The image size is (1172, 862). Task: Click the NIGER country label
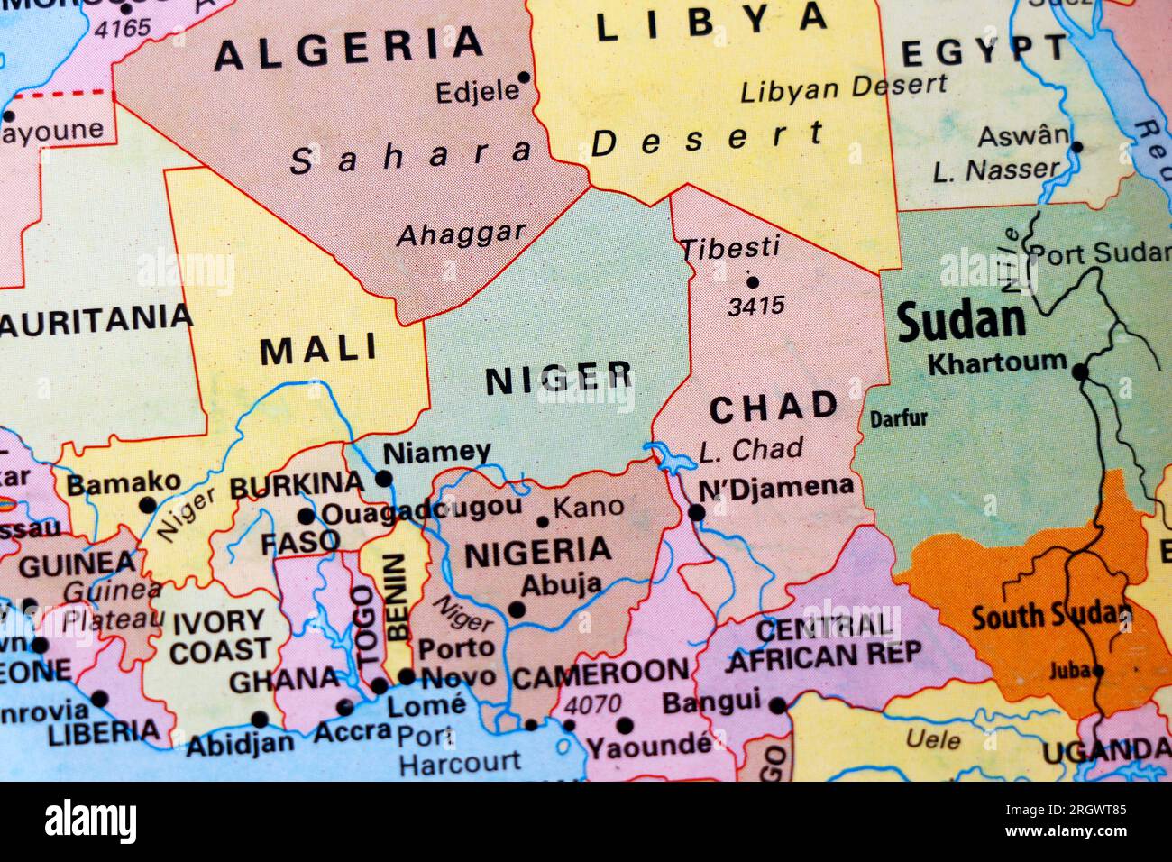[559, 380]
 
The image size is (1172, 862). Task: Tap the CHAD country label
[774, 408]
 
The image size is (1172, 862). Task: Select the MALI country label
[319, 350]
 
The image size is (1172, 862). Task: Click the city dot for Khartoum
[1080, 371]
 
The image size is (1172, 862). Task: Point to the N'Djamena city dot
[696, 512]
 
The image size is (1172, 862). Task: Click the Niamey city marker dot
[384, 478]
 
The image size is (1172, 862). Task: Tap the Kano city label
[588, 507]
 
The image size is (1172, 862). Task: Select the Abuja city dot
[517, 610]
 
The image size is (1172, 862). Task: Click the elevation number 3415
[755, 307]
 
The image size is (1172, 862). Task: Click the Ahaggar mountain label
[461, 234]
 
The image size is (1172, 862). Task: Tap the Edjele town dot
[524, 78]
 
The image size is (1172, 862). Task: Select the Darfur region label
[898, 418]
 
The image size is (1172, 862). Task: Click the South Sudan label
[1049, 617]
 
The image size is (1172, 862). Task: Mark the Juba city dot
[1098, 670]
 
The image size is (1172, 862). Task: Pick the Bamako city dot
[147, 506]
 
